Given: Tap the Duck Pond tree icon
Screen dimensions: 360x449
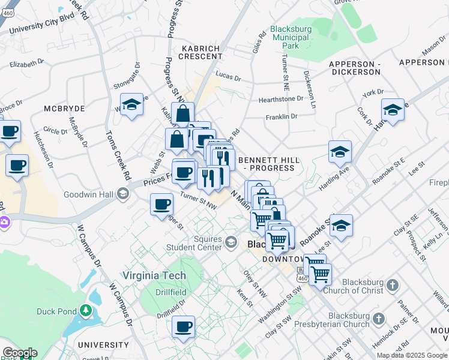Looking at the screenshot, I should click(86, 310).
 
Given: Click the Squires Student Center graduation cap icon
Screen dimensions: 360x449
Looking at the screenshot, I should click(231, 242).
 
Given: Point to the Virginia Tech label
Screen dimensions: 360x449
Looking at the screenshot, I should click(154, 276).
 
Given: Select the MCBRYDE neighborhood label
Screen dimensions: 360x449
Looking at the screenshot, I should click(64, 109).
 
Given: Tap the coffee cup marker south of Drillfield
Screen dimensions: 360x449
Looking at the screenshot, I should click(184, 327).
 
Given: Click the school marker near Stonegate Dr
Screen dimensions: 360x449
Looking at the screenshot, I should click(131, 105).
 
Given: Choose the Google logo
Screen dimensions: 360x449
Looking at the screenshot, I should click(19, 353).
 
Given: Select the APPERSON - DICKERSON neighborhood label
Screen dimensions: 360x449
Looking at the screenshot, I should click(354, 67).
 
